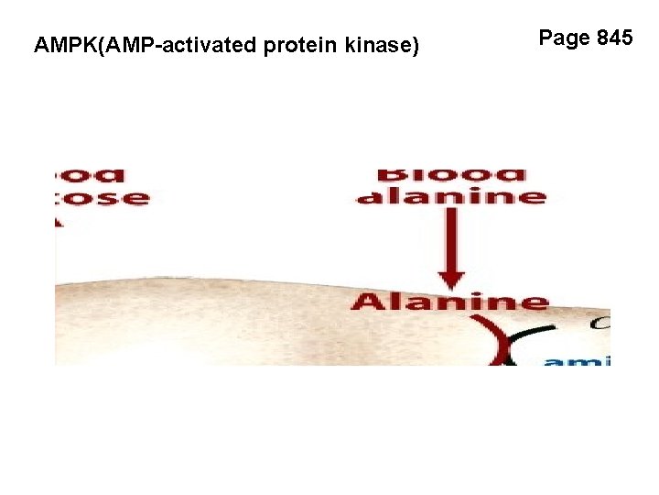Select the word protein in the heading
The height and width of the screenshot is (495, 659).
298,44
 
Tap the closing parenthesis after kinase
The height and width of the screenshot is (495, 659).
416,44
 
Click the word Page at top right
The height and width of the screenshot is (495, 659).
564,38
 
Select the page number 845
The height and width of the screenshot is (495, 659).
614,38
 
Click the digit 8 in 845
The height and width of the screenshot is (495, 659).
603,38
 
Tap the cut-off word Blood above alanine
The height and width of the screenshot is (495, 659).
451,173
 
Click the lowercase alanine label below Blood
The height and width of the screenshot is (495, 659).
451,196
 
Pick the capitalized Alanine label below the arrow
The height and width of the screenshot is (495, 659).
450,302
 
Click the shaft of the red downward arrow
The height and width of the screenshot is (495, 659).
450,238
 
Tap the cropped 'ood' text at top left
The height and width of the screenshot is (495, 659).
92,174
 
